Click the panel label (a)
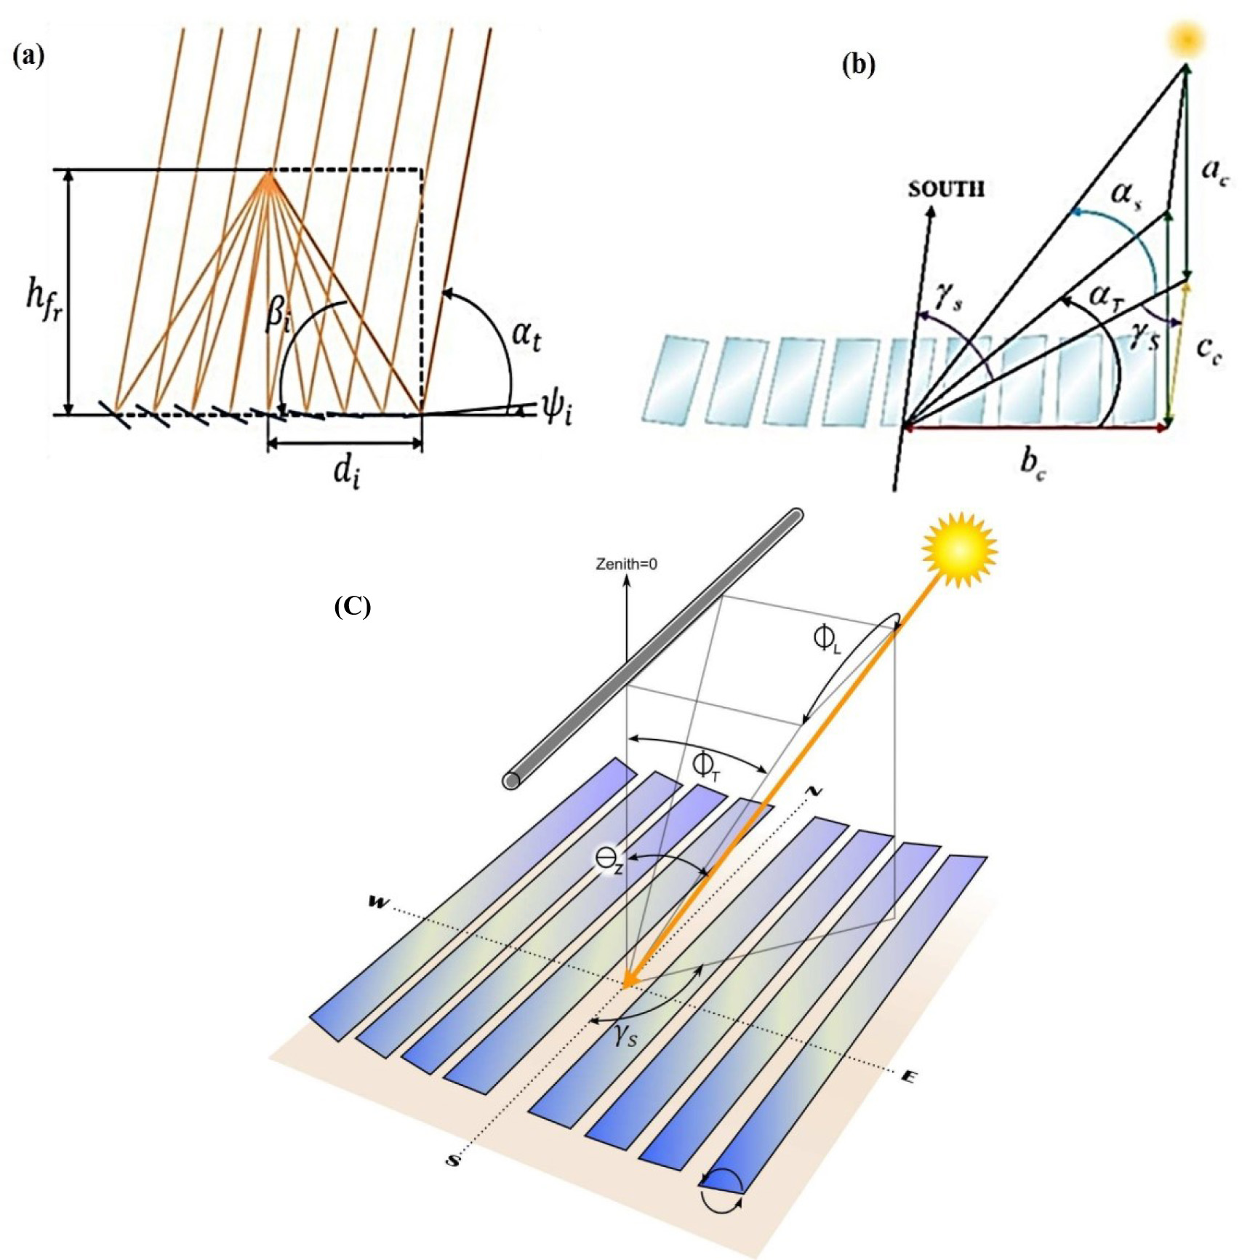tap(29, 56)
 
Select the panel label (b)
tap(859, 65)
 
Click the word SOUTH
tap(946, 189)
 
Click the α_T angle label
tap(1106, 297)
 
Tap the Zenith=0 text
tap(627, 564)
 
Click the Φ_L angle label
tap(828, 639)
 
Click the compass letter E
tap(907, 1077)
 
